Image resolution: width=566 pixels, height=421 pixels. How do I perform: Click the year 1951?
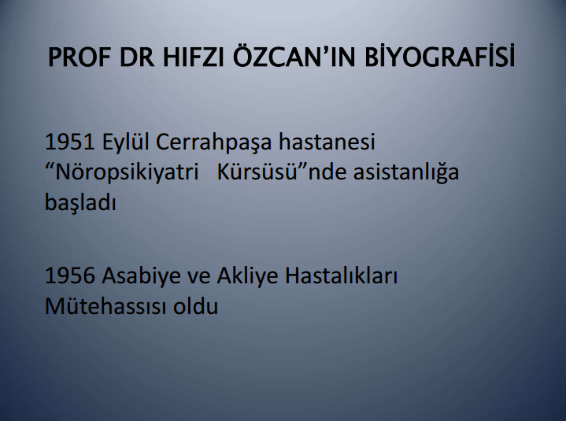[x=69, y=142]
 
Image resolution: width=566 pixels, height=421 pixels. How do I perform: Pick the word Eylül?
[x=125, y=143]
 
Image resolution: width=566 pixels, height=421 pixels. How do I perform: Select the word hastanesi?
[x=327, y=142]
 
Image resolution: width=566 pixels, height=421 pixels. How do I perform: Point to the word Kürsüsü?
[x=257, y=172]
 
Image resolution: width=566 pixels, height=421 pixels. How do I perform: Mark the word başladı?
[x=80, y=203]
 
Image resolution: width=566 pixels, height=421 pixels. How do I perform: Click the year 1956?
[x=70, y=275]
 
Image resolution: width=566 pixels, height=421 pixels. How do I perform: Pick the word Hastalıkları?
[x=341, y=275]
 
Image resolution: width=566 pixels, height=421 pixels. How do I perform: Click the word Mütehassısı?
[x=105, y=306]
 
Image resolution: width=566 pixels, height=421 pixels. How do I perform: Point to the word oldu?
[x=196, y=306]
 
